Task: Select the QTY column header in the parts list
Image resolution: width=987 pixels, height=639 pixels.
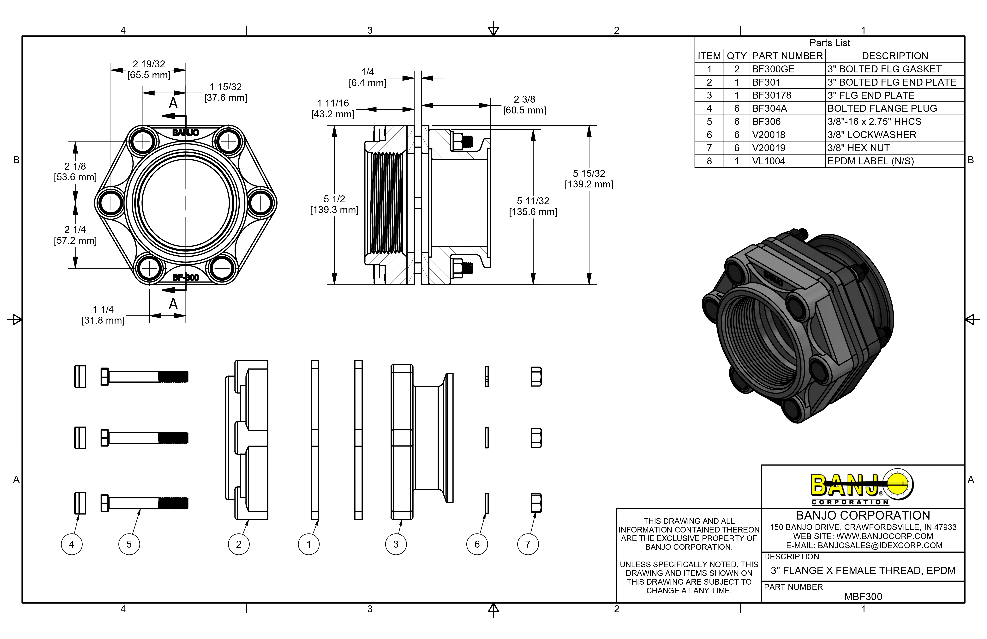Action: click(737, 56)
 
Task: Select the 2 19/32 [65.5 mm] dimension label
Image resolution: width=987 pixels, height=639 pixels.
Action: click(149, 69)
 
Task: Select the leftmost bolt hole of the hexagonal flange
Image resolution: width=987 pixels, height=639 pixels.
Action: click(111, 203)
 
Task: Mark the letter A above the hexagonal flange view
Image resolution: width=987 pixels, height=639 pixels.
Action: click(173, 103)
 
